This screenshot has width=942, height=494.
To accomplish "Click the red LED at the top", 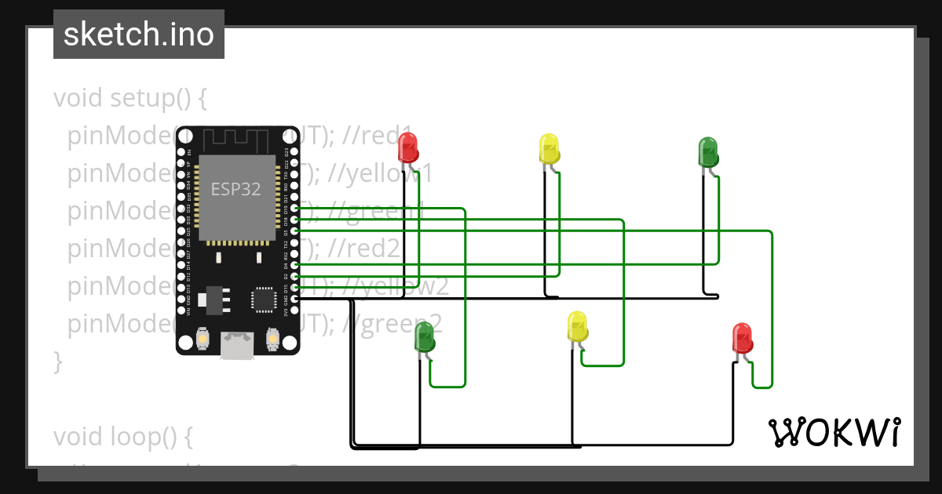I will [x=407, y=147].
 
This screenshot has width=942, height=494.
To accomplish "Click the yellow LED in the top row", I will [x=549, y=148].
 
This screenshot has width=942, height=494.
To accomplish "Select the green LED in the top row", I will [x=708, y=151].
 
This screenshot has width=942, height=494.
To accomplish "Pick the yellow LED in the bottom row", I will [x=577, y=326].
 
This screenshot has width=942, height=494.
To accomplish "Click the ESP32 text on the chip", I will [x=235, y=189].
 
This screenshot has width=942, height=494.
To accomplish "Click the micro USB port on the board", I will [x=237, y=345].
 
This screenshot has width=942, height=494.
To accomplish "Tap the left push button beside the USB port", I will [x=203, y=339].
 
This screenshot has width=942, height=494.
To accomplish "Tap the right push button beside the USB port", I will [x=272, y=339].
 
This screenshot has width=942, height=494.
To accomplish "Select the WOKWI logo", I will [x=834, y=432].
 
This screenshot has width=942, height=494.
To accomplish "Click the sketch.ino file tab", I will [x=139, y=35].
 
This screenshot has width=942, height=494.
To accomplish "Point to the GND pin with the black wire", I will [x=295, y=299].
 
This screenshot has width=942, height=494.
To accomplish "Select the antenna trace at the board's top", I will [x=235, y=140].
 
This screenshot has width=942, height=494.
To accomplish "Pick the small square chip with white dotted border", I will [x=262, y=300].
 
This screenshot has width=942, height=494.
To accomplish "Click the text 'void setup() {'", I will [x=130, y=99].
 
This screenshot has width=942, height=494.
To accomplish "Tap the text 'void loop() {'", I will [x=122, y=435].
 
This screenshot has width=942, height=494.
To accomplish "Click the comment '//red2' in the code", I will [x=365, y=249].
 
